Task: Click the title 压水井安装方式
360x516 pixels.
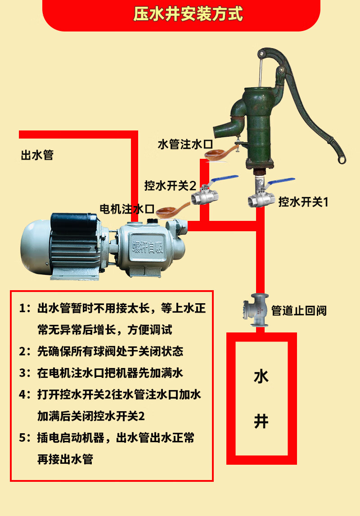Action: tap(188, 14)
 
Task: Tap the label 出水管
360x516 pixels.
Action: tap(37, 156)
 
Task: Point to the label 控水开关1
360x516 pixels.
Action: tap(303, 202)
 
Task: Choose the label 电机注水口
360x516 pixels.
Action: tap(127, 209)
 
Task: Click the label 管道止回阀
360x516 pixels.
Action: tap(298, 310)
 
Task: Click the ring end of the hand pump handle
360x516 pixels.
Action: tap(342, 159)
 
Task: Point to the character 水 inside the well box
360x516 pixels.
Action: tap(261, 376)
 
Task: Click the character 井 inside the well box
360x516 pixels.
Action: tap(261, 422)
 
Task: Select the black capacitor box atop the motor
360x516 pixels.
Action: tap(74, 220)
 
